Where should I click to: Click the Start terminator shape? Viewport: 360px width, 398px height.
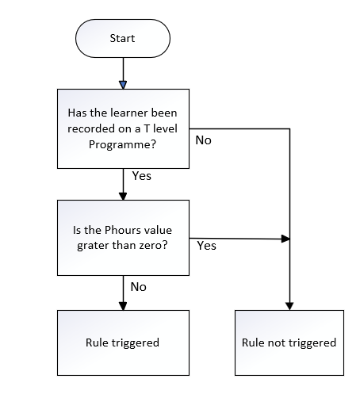click(x=123, y=38)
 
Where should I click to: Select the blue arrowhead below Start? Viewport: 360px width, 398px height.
click(x=123, y=85)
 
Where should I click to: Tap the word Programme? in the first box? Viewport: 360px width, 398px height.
click(x=122, y=145)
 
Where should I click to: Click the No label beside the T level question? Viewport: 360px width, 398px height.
click(x=203, y=140)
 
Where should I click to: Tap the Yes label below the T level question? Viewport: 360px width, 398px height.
click(x=142, y=176)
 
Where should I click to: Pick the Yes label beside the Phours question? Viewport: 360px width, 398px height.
click(x=206, y=246)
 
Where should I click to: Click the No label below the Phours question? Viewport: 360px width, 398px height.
click(x=138, y=287)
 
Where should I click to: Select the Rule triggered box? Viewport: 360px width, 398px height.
click(x=123, y=343)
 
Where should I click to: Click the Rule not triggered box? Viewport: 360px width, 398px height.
click(x=289, y=343)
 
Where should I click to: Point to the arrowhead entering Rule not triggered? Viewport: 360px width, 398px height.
click(x=289, y=306)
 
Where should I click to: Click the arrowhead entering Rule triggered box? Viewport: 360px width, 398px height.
click(x=123, y=306)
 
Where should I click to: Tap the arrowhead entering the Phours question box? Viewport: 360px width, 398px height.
click(x=123, y=196)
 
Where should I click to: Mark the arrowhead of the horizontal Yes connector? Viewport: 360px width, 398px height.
click(x=285, y=239)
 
